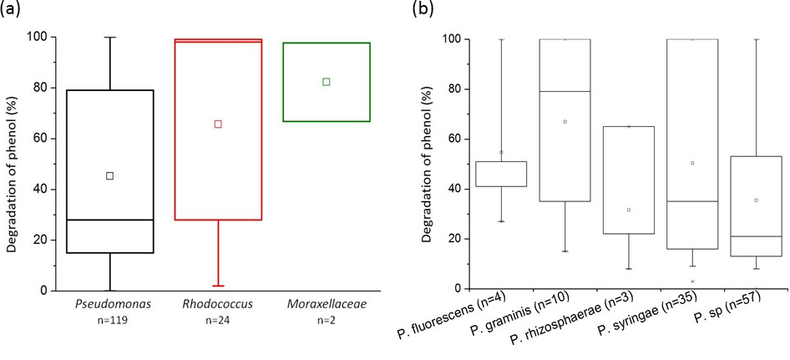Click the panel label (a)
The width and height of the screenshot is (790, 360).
point(11,9)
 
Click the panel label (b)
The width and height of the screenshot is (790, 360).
point(423,9)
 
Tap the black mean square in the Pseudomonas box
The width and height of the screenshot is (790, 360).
point(109,175)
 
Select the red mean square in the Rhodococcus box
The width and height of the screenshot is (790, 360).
point(218,124)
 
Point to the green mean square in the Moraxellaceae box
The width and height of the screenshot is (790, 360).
point(326,81)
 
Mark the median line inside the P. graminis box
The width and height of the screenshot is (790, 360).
point(565,91)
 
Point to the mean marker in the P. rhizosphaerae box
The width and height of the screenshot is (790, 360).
point(628,210)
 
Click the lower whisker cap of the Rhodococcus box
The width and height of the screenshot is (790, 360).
point(218,286)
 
